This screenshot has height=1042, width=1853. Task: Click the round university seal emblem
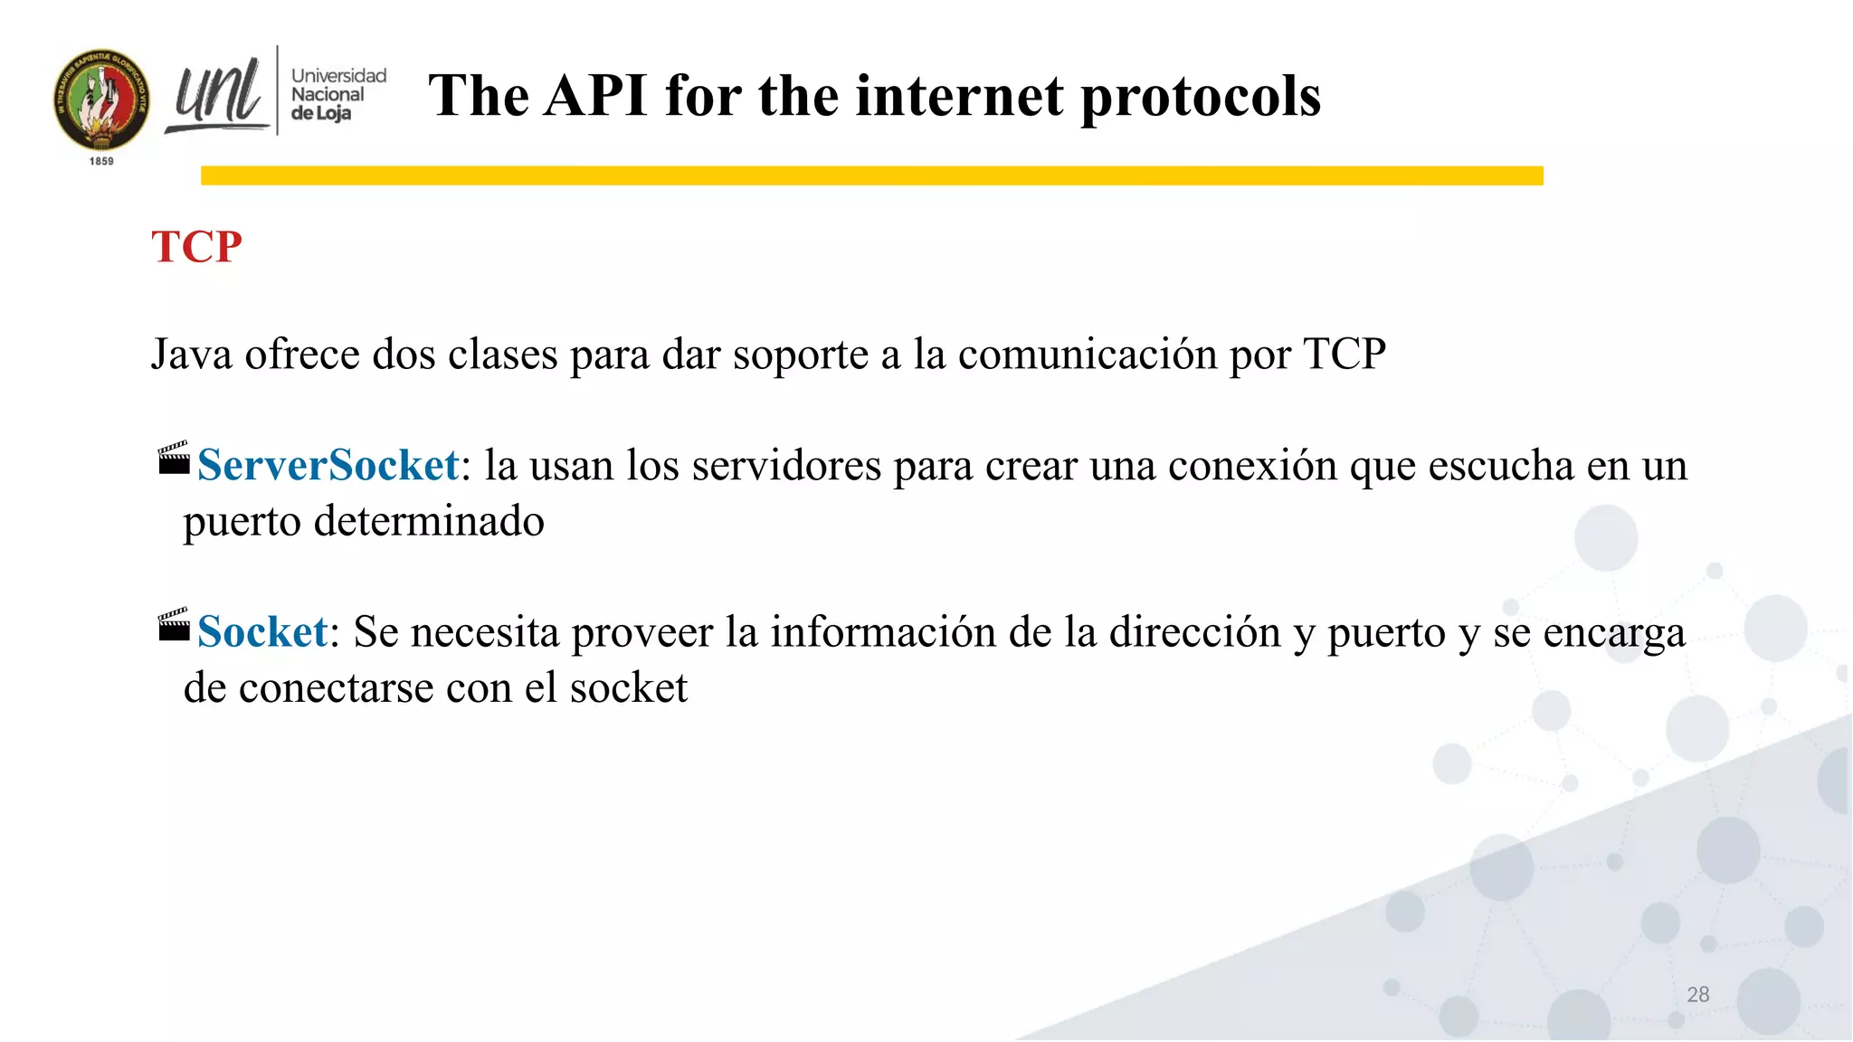point(101,100)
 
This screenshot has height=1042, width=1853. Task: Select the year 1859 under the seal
point(101,161)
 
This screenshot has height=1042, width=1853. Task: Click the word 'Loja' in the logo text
point(332,114)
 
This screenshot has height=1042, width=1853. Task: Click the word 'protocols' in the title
point(1201,96)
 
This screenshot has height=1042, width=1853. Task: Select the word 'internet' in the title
point(960,96)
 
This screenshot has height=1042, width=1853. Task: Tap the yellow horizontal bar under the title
point(871,175)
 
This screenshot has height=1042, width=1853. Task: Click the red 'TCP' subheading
point(196,247)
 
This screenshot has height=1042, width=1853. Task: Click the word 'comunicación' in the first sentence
point(1088,354)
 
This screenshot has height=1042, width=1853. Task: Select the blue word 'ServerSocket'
point(328,465)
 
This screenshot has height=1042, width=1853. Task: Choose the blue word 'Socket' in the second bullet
point(262,631)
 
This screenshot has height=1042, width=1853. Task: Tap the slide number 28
point(1697,995)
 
